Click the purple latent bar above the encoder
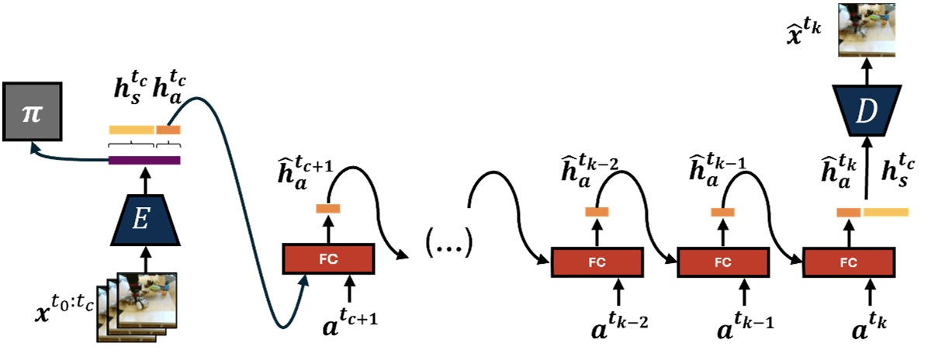[144, 161]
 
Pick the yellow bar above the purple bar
[131, 130]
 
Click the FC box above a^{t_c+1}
[327, 258]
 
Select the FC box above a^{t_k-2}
[597, 262]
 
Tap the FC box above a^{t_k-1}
[723, 262]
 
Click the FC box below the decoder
[849, 262]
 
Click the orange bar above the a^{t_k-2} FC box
[597, 212]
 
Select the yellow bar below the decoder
[885, 212]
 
